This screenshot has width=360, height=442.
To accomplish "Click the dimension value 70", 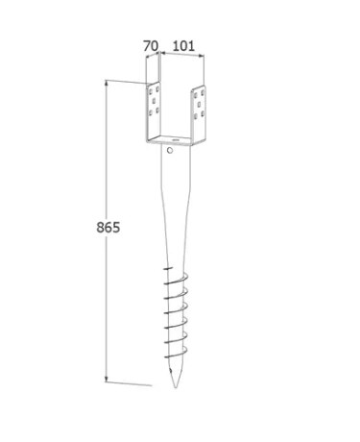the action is pyautogui.click(x=151, y=46).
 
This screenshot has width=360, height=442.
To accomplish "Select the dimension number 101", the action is pyautogui.click(x=183, y=46).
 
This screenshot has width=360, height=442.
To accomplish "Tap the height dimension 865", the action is pyautogui.click(x=108, y=228).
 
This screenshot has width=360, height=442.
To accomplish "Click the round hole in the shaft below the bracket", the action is pyautogui.click(x=170, y=150).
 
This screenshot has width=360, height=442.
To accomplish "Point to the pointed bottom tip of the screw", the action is pyautogui.click(x=175, y=387).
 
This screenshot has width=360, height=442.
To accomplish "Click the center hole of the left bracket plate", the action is pyautogui.click(x=154, y=101).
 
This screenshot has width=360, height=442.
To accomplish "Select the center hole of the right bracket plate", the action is pyautogui.click(x=199, y=105).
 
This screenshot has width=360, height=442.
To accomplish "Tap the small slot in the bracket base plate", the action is pyautogui.click(x=175, y=140).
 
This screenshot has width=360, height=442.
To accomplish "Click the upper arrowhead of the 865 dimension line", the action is pyautogui.click(x=107, y=83).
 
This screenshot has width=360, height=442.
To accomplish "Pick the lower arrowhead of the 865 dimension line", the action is pyautogui.click(x=107, y=380).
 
